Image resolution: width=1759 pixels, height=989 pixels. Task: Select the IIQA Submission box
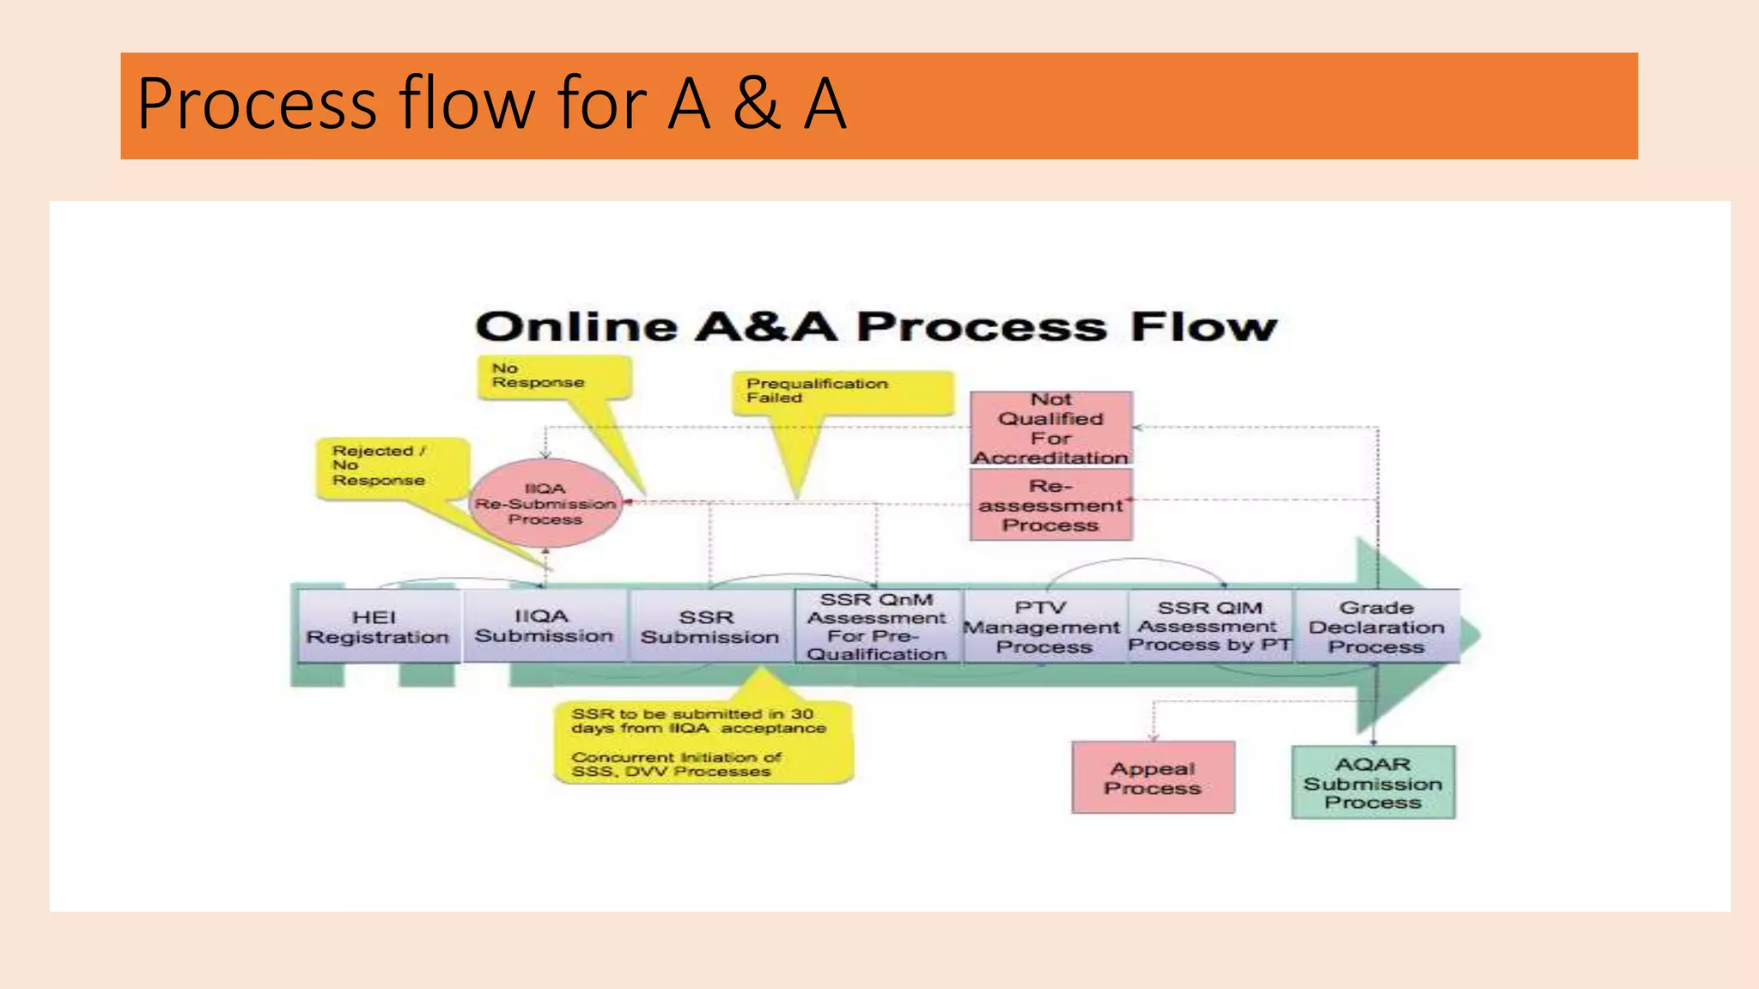[544, 627]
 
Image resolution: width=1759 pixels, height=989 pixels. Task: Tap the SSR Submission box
[709, 628]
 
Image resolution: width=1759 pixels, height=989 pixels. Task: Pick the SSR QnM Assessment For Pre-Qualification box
[876, 627]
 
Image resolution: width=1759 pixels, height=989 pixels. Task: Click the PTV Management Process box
[1043, 628]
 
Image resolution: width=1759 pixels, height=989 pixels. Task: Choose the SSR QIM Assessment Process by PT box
[1209, 627]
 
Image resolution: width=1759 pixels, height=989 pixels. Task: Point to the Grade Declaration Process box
[1376, 628]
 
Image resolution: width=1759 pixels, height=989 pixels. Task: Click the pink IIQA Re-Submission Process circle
[545, 504]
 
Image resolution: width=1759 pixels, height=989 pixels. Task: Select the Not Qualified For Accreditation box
[1051, 428]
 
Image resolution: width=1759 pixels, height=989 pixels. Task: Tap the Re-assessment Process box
[1051, 506]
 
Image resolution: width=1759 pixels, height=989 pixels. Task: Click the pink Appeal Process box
[1153, 778]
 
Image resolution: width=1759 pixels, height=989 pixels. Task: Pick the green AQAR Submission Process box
[1373, 782]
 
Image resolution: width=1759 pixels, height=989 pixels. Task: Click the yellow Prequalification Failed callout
[842, 392]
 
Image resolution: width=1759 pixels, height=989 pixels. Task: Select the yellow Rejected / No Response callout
[391, 467]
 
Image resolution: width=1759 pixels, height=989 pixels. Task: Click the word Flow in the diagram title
[1203, 327]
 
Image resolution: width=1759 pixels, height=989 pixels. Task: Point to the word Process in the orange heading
[257, 104]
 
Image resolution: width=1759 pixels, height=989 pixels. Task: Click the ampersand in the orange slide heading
[757, 104]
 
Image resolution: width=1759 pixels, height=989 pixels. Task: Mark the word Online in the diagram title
[576, 327]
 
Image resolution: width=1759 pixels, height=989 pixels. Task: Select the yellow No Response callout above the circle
[553, 377]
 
